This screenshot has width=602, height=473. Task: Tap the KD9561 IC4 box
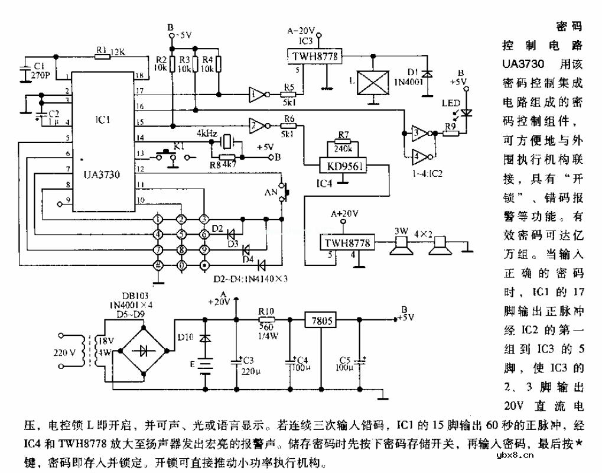pyautogui.click(x=341, y=166)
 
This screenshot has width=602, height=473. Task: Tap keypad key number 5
pyautogui.click(x=181, y=235)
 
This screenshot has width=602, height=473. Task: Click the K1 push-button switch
pyautogui.click(x=171, y=156)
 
